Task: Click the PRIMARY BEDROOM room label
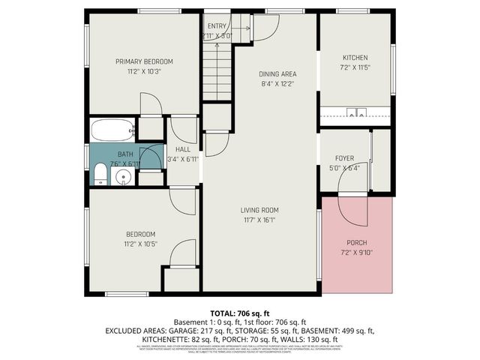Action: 144,61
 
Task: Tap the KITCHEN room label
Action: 355,58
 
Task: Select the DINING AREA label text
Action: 277,73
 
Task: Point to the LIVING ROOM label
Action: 259,210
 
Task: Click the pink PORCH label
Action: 356,241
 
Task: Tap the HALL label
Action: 182,148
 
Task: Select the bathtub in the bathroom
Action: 112,130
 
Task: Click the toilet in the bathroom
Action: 100,176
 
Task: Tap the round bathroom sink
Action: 124,177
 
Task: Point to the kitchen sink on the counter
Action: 355,114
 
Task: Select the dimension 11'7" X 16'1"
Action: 259,220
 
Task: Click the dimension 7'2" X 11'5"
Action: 355,67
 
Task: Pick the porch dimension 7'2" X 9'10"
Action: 356,252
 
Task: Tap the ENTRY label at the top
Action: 217,25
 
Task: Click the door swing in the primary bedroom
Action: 151,103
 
